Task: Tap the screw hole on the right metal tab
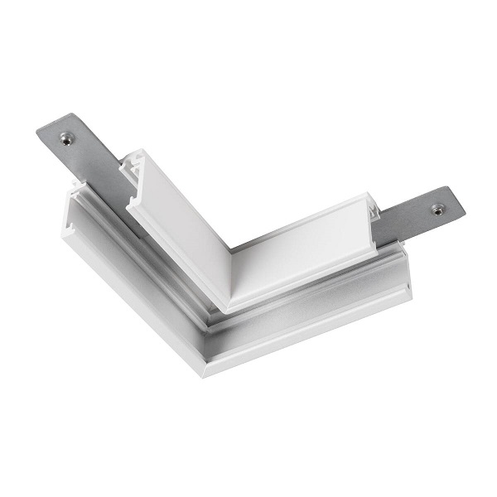point(437,209)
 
